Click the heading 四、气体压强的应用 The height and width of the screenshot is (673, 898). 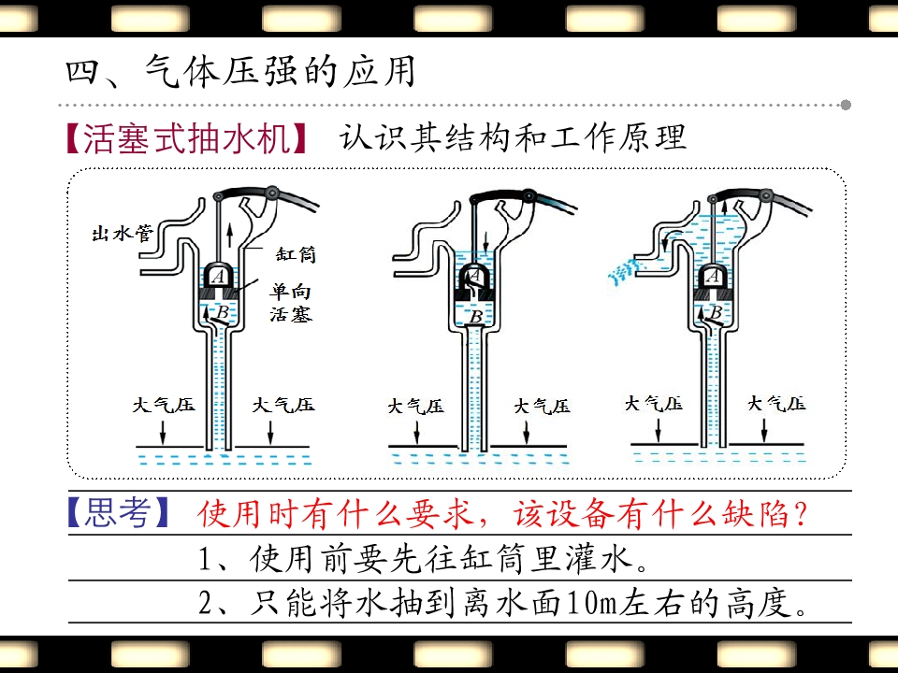point(240,72)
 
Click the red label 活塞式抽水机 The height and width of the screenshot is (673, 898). point(187,138)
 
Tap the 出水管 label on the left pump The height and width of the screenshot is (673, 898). point(123,234)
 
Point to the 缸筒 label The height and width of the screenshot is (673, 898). point(296,254)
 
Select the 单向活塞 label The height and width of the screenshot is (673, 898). point(291,303)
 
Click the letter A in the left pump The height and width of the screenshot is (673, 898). point(218,277)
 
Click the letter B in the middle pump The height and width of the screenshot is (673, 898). point(476,317)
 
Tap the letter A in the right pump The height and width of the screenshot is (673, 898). point(713,277)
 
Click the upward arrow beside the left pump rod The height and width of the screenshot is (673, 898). point(230,235)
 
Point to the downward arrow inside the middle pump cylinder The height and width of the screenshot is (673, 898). point(485,242)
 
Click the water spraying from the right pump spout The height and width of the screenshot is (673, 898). point(623,270)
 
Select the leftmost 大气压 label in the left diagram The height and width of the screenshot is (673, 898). point(164,405)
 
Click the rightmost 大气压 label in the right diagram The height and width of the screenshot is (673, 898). point(776,404)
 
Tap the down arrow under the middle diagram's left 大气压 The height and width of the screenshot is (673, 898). point(416,432)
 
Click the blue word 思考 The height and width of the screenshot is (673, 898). point(118,511)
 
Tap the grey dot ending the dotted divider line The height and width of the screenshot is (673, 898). point(846,105)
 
